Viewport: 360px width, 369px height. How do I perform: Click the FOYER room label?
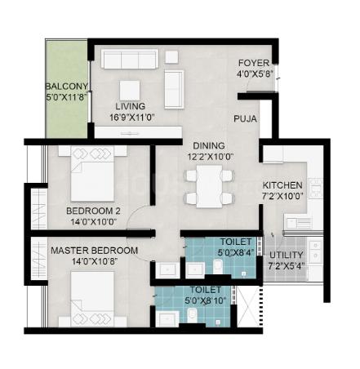coord(254,63)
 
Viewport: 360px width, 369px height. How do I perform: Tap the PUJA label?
coord(245,118)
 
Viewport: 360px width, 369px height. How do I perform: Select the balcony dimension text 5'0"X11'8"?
coord(68,97)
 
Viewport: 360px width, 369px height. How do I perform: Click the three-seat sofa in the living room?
coord(130,59)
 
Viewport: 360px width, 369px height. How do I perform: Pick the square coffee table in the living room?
coord(130,91)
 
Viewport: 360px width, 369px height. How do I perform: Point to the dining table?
coord(209,186)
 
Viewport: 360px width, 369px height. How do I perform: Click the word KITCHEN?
coord(282,185)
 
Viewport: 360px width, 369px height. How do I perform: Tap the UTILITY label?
coord(286,255)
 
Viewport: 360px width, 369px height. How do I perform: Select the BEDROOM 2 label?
coord(93,211)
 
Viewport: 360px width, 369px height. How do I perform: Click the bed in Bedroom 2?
coord(92,174)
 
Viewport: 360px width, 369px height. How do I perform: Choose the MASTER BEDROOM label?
coord(94,251)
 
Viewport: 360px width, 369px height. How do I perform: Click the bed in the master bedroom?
coord(92,299)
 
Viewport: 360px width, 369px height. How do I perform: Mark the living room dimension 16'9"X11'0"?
coord(132,118)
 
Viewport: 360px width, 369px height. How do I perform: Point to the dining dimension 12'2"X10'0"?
coord(211,157)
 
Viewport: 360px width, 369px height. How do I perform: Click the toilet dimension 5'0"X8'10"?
coord(206,300)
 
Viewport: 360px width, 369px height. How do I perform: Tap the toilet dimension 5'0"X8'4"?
coord(236,252)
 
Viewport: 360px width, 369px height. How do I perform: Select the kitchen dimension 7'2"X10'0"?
coord(283,196)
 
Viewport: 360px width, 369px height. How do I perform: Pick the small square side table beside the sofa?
coord(171,57)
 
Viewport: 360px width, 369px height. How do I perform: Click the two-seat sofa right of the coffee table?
coord(174,90)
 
